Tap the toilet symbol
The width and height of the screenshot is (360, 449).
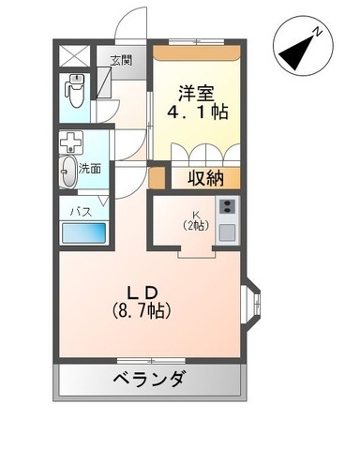tap(75, 90)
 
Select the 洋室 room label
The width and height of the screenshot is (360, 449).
tap(197, 93)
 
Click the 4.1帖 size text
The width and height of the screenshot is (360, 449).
tap(198, 112)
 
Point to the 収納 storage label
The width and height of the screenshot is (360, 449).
tap(205, 178)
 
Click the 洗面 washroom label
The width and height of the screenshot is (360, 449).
tap(90, 169)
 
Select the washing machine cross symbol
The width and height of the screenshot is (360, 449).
tap(71, 142)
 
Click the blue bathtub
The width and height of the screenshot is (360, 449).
tap(84, 232)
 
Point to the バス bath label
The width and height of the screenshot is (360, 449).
tap(81, 212)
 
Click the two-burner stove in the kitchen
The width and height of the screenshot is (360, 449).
tap(228, 206)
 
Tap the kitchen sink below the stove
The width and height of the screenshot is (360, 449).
tap(227, 232)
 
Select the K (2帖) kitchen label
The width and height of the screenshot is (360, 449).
tap(196, 220)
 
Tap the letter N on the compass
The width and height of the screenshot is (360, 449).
tap(318, 32)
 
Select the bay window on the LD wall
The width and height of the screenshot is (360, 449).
tap(251, 303)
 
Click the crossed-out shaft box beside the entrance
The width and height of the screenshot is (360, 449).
tap(74, 55)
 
